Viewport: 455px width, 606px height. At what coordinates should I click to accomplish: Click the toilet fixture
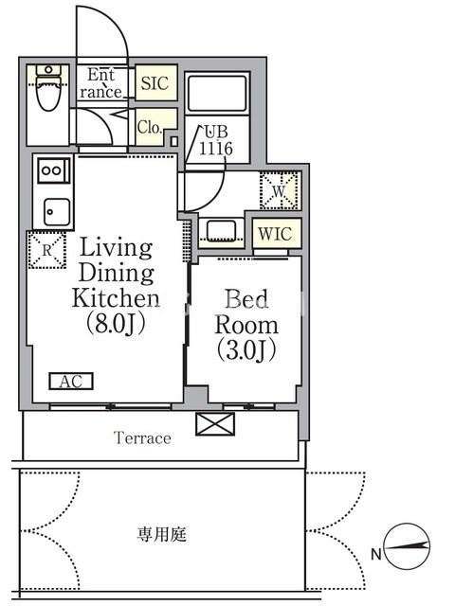point(48,88)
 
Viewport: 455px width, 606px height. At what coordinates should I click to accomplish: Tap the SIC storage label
point(155,83)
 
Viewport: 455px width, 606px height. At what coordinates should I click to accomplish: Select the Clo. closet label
point(150,127)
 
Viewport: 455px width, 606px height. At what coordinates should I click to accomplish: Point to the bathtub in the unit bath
point(217,93)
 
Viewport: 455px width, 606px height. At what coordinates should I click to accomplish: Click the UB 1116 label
point(216,140)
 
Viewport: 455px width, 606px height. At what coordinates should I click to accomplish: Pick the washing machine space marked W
point(280,190)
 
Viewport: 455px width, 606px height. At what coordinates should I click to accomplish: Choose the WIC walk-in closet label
point(275,234)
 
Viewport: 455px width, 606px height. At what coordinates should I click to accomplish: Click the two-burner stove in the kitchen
point(54,170)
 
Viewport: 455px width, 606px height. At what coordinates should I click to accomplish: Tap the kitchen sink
point(57,212)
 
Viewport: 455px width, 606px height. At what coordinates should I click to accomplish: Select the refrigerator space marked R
point(46,250)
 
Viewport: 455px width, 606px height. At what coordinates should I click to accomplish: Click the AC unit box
point(71,381)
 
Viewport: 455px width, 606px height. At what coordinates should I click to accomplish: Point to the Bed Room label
point(246,312)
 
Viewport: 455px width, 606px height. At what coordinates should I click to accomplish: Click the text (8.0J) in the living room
point(116,323)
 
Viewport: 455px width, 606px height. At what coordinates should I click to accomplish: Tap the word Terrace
point(142,437)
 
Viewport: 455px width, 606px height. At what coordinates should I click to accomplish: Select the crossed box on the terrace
point(215,424)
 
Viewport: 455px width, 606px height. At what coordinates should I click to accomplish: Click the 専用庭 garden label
point(162,534)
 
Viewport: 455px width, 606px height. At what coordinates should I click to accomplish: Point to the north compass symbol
point(408,546)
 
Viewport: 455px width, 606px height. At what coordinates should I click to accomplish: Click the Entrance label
point(101,83)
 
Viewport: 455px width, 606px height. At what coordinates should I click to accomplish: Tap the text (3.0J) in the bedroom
point(246,349)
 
